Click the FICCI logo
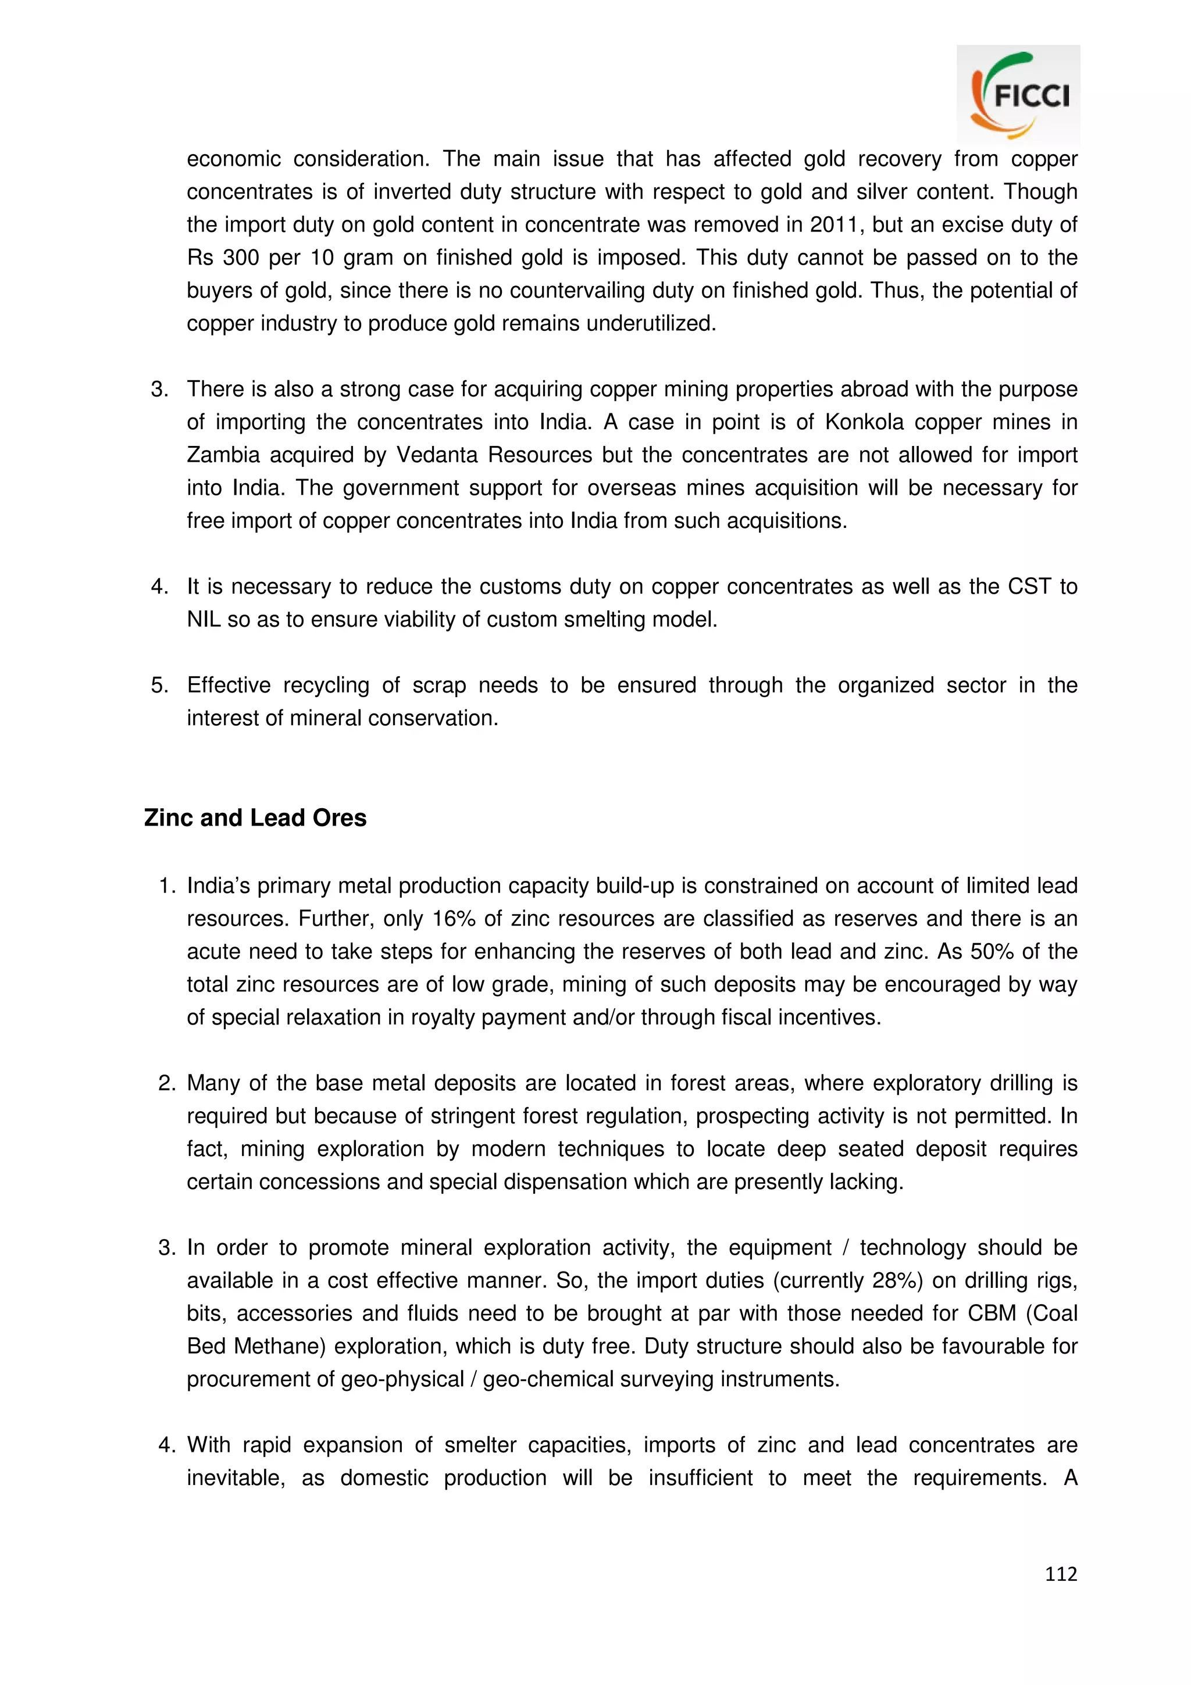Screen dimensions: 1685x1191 1018,94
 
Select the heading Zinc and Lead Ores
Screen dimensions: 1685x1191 255,817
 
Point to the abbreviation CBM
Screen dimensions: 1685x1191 992,1313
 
